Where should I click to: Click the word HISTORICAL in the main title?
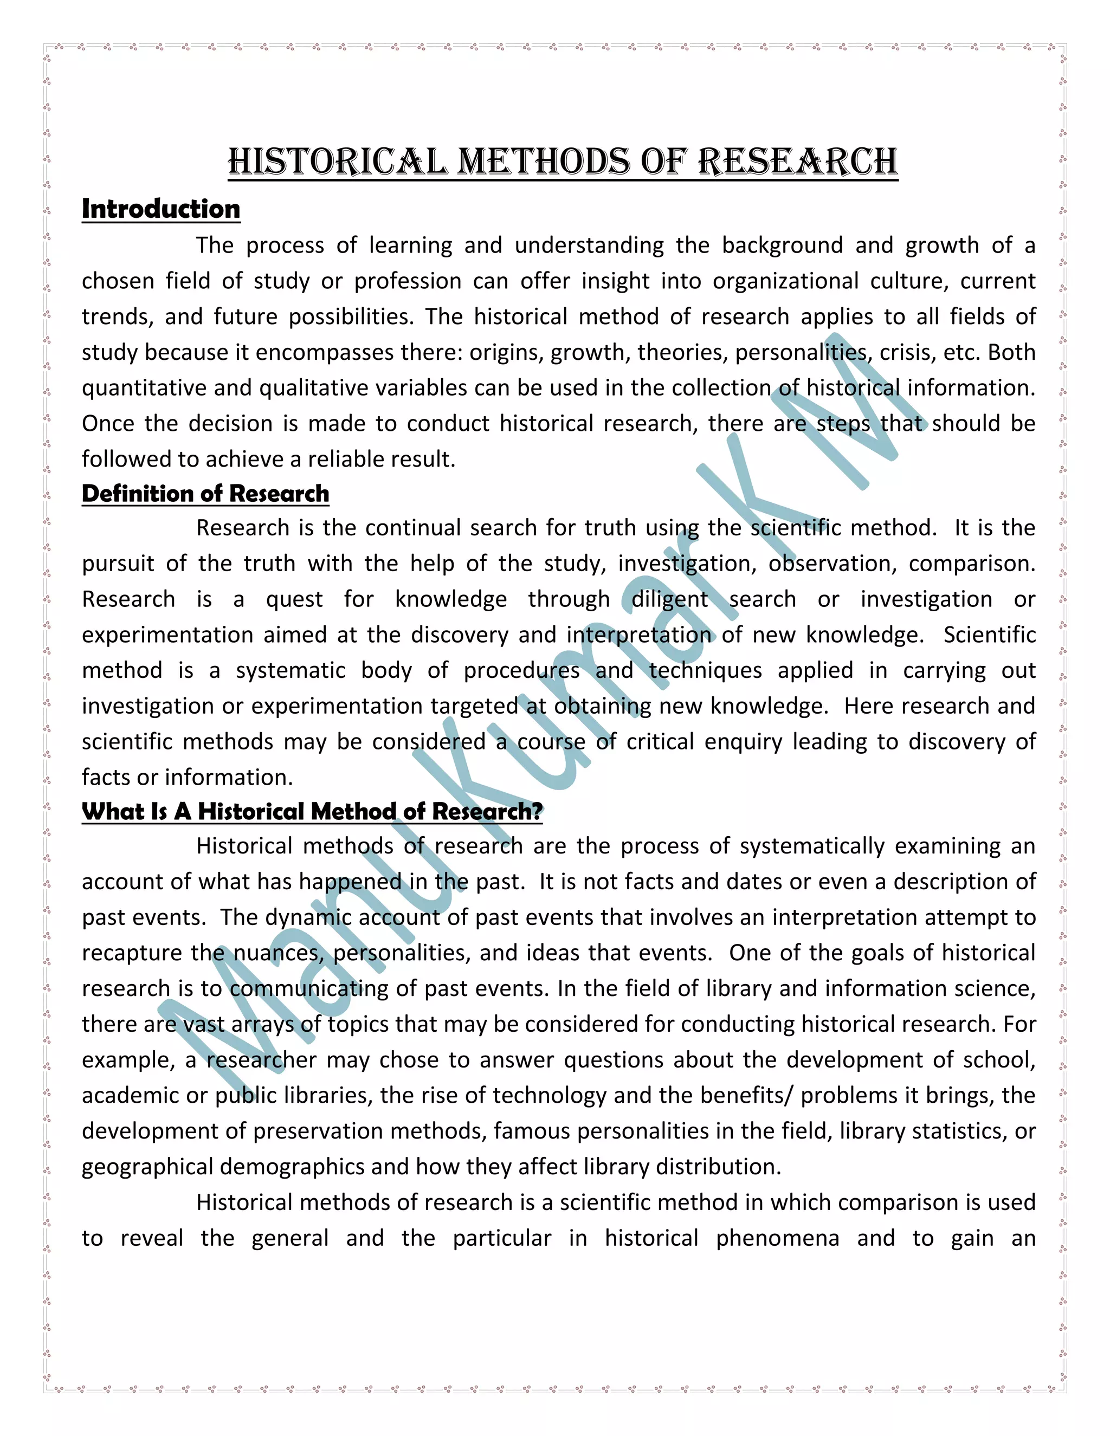(x=337, y=161)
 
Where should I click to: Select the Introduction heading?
(x=160, y=209)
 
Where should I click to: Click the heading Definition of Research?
(x=205, y=493)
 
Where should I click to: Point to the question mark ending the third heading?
(x=537, y=811)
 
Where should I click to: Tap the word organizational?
(x=785, y=281)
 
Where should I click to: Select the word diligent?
(x=669, y=600)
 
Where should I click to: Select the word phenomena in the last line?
(x=777, y=1238)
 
